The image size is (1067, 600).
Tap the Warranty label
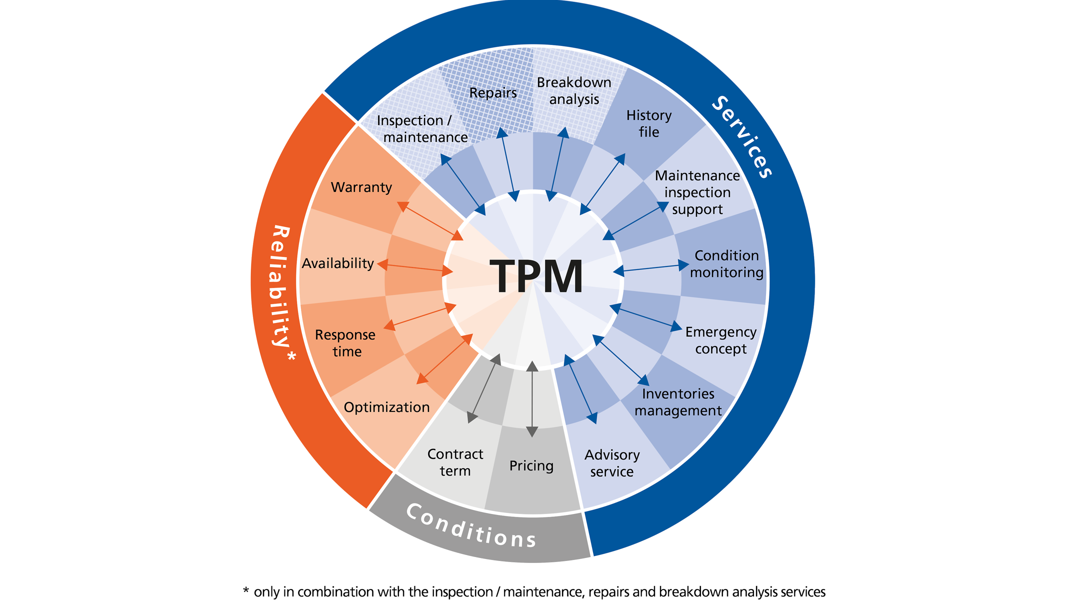361,187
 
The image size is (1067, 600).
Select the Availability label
337,263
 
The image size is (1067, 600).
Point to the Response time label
345,343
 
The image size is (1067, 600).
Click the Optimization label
386,407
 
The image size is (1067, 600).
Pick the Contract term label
455,462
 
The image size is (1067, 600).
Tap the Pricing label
531,466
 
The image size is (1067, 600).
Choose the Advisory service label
612,463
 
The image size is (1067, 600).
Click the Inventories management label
678,402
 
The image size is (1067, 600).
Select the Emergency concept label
720,340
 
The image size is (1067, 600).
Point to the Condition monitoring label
726,264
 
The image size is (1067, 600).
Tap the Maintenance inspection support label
697,192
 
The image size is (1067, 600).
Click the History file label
649,123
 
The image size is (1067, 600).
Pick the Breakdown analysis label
574,90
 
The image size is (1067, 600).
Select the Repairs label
493,93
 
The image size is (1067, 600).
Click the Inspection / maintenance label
422,129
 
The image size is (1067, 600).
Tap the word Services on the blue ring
742,136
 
